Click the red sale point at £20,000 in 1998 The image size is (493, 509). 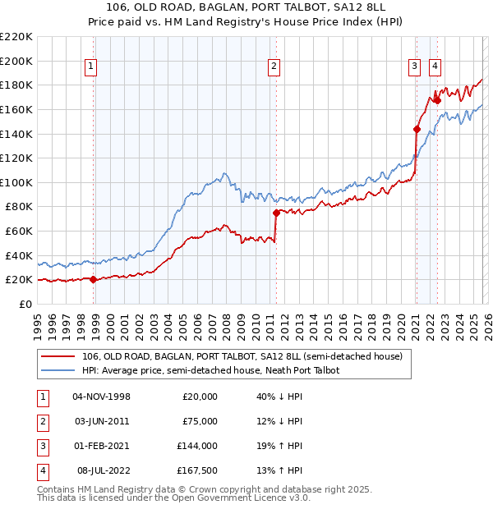click(x=93, y=279)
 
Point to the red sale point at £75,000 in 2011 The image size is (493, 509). click(x=276, y=213)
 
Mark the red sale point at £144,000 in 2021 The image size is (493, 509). click(x=417, y=129)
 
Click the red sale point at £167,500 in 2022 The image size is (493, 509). click(x=437, y=100)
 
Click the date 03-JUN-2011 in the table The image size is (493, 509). click(x=102, y=421)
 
